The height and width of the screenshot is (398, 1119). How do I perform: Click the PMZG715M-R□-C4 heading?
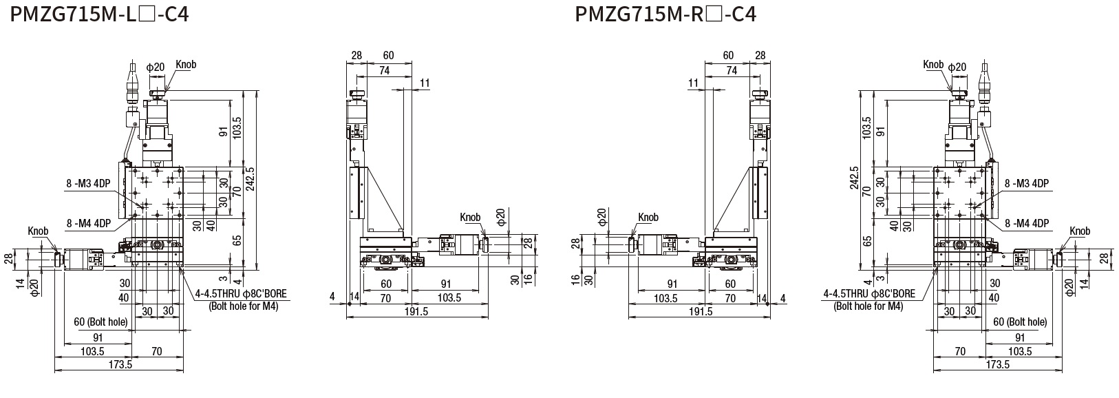pos(665,13)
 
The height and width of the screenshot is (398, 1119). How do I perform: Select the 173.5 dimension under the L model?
pos(120,364)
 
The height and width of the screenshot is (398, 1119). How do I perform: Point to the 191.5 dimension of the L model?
pos(414,311)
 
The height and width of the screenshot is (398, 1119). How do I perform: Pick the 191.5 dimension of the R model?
pos(701,311)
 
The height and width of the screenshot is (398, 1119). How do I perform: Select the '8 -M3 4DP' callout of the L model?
pos(89,183)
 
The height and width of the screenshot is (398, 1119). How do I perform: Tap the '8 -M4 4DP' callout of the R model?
pos(1027,223)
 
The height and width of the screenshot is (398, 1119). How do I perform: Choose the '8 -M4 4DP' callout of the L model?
pos(89,223)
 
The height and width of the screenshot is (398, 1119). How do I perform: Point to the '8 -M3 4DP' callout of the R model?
pos(1027,183)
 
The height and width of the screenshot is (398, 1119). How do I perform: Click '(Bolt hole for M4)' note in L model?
pos(243,306)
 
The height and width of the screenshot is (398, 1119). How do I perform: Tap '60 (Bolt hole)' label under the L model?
pos(100,322)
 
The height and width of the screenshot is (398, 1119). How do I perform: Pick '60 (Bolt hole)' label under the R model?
pos(1020,322)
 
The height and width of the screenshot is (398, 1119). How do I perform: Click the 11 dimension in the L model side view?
pos(424,83)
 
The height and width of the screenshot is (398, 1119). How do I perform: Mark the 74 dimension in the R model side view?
pos(732,70)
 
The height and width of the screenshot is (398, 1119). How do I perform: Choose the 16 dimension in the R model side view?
pos(575,278)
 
